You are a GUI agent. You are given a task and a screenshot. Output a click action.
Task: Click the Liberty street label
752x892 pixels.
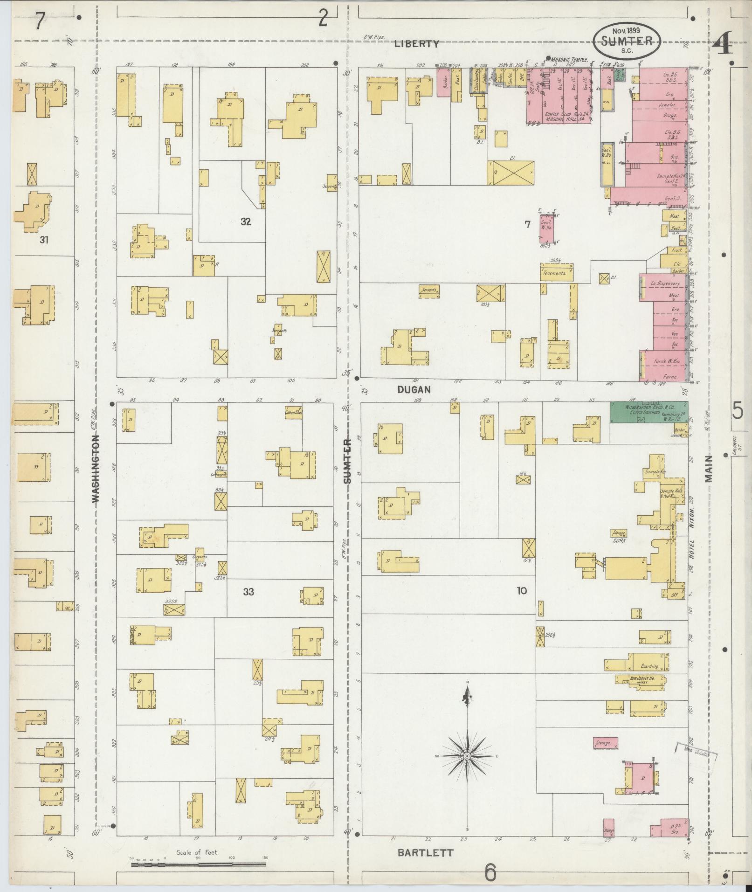416,44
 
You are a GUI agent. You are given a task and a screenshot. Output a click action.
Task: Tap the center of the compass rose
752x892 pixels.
466,756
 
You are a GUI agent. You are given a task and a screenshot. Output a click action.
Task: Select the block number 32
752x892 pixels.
246,222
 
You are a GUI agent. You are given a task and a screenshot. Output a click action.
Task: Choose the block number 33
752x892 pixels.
248,592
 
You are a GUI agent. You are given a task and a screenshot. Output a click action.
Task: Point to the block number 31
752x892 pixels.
44,240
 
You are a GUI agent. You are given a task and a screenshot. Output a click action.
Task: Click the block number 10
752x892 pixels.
521,591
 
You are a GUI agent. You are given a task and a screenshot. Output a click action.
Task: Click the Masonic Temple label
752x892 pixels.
569,60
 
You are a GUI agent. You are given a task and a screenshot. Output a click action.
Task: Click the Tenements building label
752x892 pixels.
557,273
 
